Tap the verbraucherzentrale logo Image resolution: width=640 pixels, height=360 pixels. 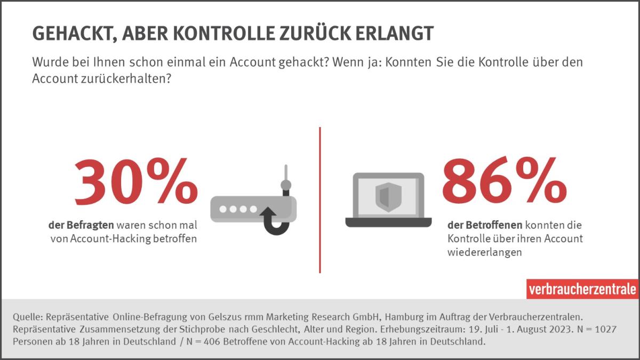582,289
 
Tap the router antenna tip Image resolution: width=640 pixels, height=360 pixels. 286,185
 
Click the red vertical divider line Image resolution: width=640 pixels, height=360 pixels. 320,200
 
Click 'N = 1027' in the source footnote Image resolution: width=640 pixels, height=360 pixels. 603,330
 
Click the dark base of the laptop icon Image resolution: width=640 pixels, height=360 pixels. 388,222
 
